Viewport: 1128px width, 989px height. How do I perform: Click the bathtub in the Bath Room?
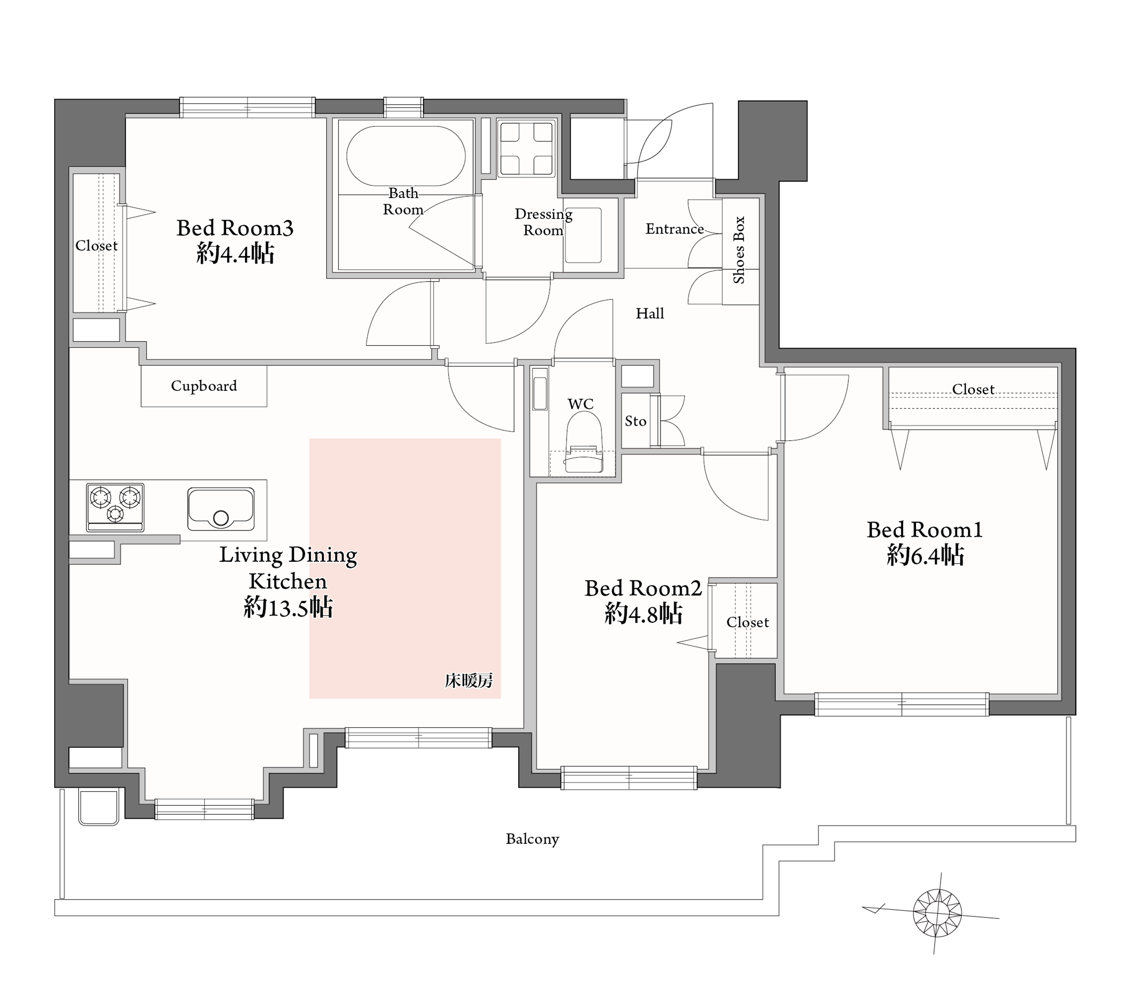[405, 156]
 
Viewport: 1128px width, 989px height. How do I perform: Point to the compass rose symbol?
[937, 913]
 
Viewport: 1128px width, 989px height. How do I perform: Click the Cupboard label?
[204, 386]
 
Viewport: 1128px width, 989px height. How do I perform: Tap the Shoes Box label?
[739, 250]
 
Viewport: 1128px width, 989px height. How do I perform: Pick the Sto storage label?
[635, 422]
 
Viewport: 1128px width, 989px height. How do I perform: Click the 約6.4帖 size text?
[925, 555]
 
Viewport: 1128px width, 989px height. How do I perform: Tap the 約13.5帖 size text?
[288, 608]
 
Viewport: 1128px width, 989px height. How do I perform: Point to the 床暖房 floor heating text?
[468, 681]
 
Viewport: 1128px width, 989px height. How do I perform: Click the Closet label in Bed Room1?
[973, 390]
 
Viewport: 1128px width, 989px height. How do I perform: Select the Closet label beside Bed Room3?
[96, 245]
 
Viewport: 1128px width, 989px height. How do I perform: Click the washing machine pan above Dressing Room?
[526, 149]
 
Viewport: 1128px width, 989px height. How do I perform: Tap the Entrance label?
[675, 229]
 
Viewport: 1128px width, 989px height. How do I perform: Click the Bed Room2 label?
[643, 588]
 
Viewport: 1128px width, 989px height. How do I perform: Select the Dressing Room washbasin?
[583, 235]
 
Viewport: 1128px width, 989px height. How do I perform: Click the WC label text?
[580, 404]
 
